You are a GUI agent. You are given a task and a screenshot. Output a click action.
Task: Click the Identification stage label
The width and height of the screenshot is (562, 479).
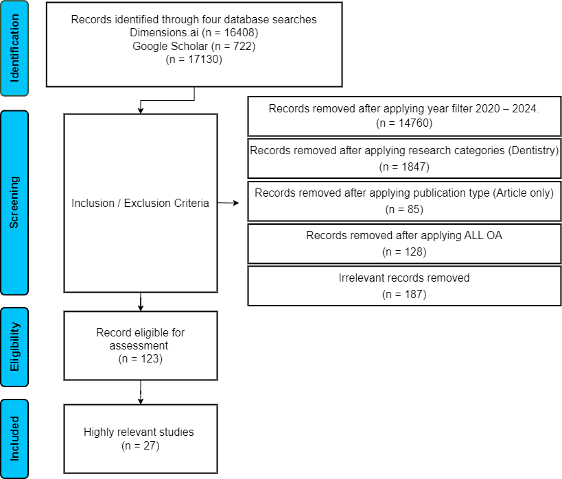tap(14, 49)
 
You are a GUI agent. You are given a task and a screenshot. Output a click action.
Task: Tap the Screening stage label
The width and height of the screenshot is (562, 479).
tap(14, 202)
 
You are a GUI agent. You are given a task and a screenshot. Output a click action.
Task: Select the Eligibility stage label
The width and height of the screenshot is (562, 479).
tap(14, 347)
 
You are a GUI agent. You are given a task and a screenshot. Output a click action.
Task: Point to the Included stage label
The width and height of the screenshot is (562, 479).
tap(14, 439)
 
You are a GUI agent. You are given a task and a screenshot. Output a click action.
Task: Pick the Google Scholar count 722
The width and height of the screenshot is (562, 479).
tap(243, 46)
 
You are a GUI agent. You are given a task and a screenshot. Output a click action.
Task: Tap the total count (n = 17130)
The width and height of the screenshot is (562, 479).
tap(194, 60)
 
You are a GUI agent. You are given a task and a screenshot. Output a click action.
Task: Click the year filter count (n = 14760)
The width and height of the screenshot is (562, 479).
tap(404, 123)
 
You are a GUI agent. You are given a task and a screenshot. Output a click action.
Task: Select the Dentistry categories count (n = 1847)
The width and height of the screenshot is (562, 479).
tap(404, 167)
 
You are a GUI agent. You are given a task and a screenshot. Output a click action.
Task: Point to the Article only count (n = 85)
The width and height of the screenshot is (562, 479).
tap(404, 210)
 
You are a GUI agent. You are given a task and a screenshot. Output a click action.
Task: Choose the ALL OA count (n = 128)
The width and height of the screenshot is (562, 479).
tap(404, 252)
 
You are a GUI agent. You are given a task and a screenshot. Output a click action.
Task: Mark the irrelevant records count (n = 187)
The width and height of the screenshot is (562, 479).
tap(404, 294)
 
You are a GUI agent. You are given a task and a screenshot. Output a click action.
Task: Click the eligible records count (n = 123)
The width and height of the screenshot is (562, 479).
tap(141, 358)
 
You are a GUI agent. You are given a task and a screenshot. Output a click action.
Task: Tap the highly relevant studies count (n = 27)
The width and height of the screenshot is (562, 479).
tap(141, 445)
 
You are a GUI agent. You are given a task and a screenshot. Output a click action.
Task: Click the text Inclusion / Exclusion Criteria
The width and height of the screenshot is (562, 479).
tap(140, 203)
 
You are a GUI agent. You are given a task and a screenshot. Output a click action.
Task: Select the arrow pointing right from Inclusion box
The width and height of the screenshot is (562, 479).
tap(228, 203)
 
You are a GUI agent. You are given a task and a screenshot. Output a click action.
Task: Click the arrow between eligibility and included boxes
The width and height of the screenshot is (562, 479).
tap(141, 393)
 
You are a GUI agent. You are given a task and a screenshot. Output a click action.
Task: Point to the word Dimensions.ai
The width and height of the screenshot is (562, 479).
tap(164, 33)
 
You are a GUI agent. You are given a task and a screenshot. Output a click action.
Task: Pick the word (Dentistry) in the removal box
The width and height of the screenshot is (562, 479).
tap(533, 151)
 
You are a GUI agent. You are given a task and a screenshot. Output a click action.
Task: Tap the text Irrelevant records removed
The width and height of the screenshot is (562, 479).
tap(404, 278)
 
